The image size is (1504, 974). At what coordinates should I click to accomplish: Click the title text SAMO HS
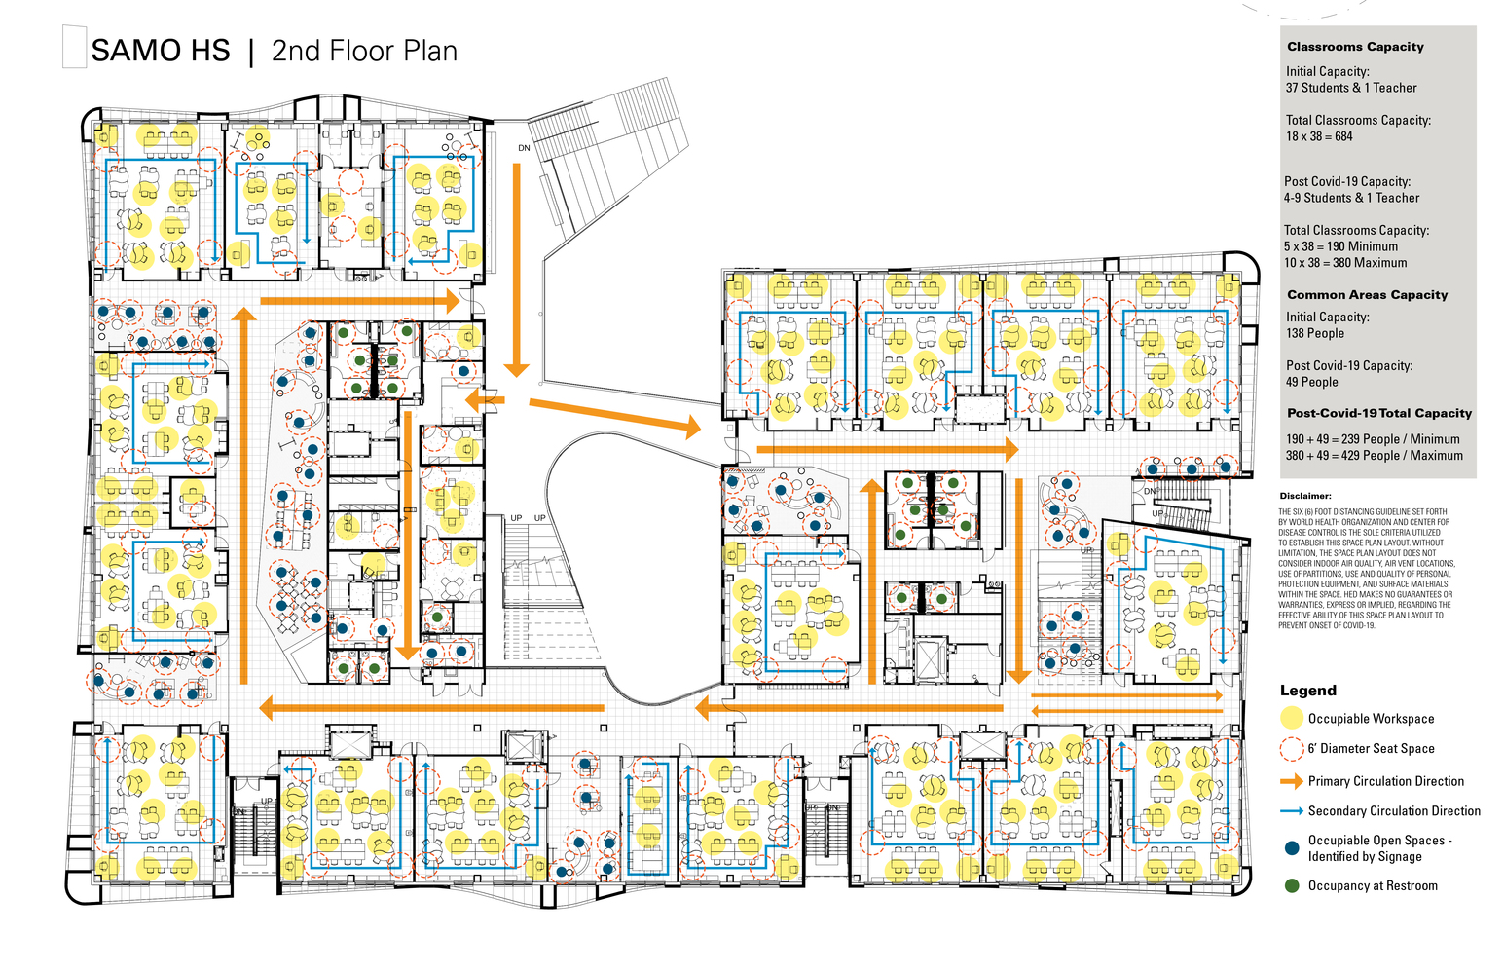[161, 51]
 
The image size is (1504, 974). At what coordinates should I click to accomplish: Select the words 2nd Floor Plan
[364, 51]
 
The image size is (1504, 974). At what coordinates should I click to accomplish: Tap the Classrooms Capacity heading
[1354, 47]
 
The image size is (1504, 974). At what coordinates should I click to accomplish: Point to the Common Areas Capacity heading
[1367, 295]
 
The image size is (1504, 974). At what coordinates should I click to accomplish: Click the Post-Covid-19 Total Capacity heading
[1378, 413]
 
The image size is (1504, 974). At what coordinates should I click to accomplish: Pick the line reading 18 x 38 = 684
[1319, 136]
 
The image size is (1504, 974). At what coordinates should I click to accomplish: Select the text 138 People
[1314, 333]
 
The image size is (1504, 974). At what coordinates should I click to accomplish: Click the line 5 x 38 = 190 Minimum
[1339, 246]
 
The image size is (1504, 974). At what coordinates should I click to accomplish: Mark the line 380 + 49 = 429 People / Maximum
[1374, 455]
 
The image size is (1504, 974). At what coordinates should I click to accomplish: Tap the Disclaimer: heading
[1304, 496]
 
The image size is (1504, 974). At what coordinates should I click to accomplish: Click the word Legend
[1307, 691]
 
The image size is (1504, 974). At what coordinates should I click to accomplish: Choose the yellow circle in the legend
[1291, 719]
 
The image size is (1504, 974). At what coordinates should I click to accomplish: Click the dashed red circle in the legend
[1291, 749]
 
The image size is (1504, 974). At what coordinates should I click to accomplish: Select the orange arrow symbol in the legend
[1291, 781]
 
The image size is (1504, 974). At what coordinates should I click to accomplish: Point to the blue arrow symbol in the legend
[1291, 811]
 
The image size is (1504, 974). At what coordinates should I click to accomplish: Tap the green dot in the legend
[1291, 886]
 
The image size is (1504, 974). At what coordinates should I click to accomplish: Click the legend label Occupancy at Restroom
[1372, 886]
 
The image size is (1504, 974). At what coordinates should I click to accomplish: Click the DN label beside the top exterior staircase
[524, 148]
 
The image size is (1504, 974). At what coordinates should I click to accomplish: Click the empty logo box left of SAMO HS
[74, 48]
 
